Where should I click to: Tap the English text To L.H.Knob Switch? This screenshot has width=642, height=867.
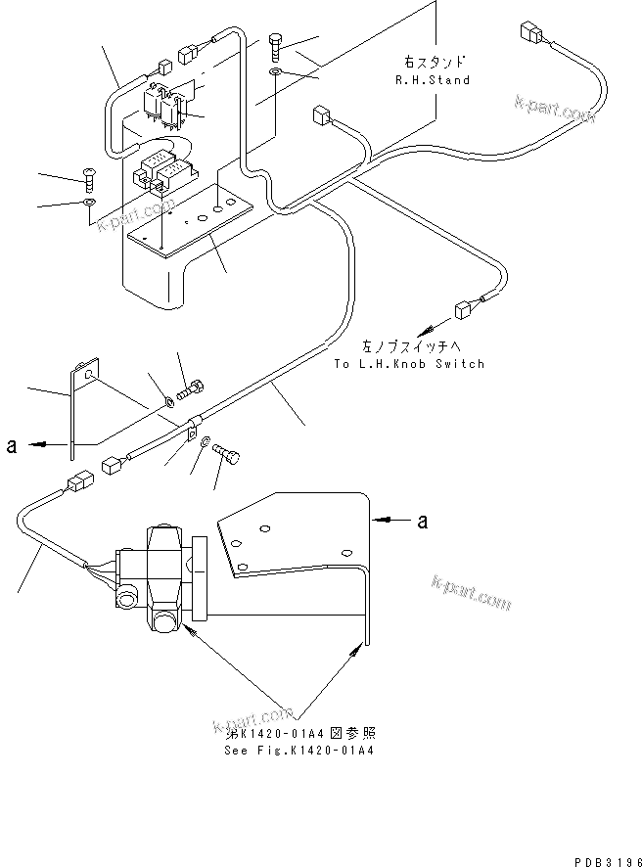408,364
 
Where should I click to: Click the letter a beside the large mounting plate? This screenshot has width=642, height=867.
422,522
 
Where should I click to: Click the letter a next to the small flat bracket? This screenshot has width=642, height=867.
11,446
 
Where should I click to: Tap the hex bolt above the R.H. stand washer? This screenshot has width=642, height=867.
278,44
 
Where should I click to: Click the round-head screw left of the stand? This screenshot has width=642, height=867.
87,178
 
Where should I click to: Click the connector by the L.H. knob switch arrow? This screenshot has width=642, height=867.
463,311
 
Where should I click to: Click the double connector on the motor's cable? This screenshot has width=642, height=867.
79,483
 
